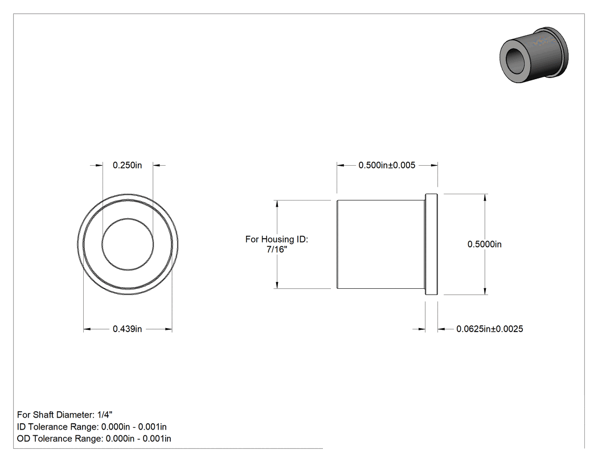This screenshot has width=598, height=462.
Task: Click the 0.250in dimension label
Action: click(128, 165)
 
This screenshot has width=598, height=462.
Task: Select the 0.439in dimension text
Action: click(128, 329)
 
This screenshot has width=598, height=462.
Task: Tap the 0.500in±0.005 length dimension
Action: click(387, 165)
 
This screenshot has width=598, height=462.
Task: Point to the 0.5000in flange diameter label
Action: click(484, 244)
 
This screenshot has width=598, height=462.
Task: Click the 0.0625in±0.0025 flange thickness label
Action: click(490, 329)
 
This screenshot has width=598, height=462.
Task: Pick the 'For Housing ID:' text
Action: click(276, 239)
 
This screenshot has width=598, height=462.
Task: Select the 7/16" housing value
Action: click(277, 250)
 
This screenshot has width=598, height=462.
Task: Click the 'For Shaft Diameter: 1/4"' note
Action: click(65, 415)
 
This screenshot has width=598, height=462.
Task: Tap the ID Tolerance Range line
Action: click(92, 427)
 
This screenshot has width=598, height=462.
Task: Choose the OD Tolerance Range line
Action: click(94, 438)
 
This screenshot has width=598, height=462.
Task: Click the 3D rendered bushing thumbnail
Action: click(534, 55)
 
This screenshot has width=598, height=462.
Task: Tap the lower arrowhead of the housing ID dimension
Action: click(277, 285)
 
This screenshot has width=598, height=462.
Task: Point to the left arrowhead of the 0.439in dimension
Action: click(87, 329)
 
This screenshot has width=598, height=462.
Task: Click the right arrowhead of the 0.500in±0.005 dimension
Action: click(433, 165)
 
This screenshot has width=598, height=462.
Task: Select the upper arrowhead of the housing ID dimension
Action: click(277, 204)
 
